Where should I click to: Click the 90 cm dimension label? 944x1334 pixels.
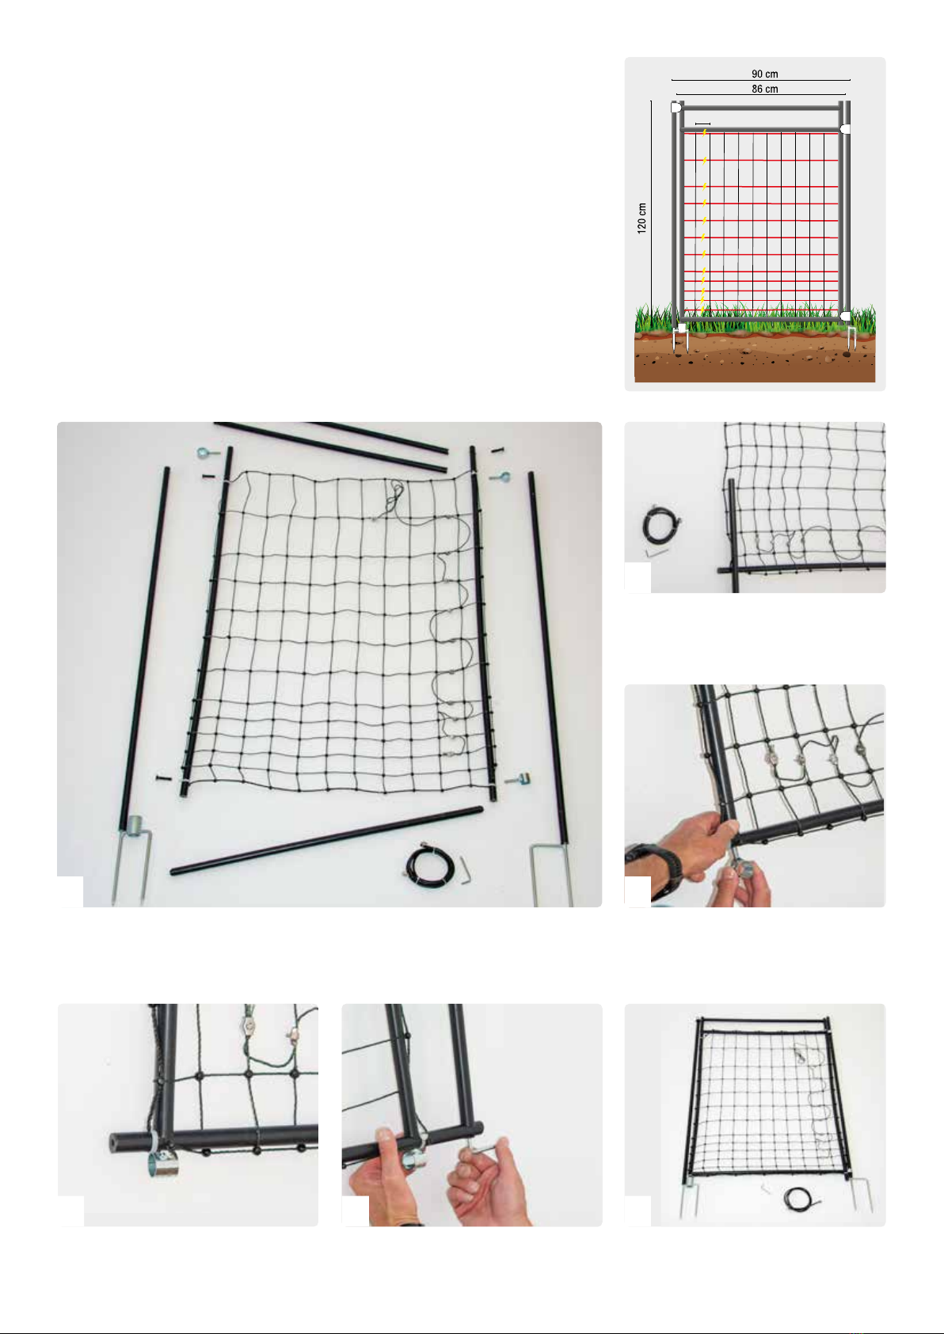pos(764,74)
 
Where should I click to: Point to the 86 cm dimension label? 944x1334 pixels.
pos(764,89)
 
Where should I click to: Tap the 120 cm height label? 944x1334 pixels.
pos(641,218)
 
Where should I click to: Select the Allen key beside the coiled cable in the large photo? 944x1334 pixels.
pos(465,871)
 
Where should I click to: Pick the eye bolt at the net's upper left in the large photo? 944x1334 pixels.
pos(207,454)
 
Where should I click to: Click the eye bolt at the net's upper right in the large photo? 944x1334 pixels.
pos(500,477)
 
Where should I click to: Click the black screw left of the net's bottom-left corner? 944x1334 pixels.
pos(164,777)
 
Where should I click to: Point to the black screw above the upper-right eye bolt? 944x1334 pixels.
pos(497,450)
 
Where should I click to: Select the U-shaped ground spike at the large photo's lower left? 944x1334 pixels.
pos(132,858)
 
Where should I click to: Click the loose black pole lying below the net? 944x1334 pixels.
pos(326,840)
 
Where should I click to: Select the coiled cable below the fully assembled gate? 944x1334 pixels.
pos(797,1198)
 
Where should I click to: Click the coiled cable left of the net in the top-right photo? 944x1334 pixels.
pos(660,525)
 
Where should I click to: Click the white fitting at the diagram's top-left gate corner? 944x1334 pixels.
pos(676,108)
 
